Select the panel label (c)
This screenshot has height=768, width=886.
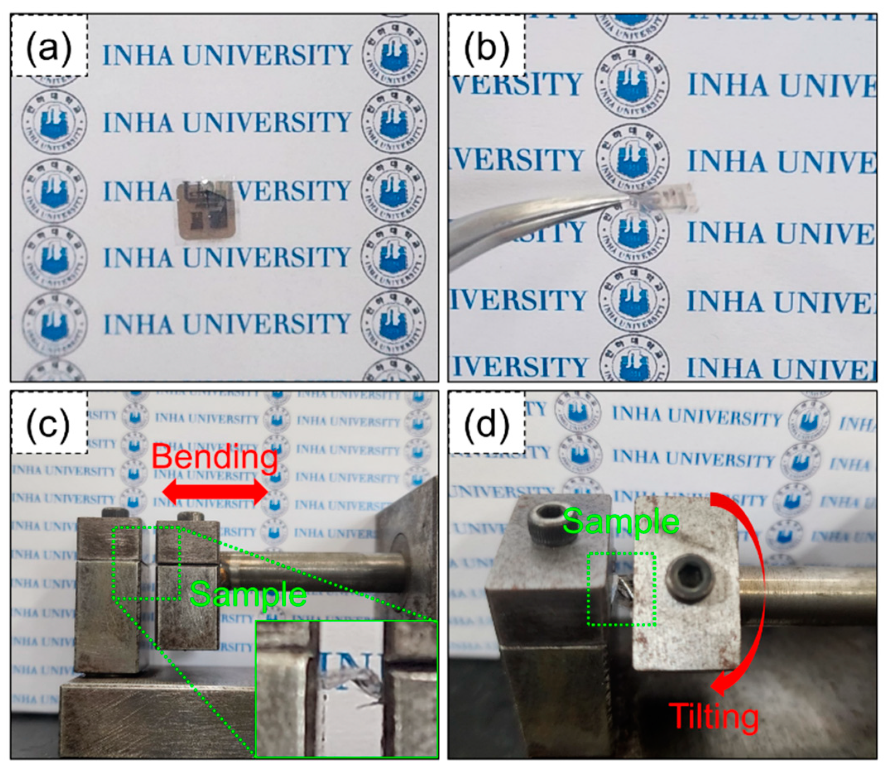tap(49, 424)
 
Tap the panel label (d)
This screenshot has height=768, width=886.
tap(487, 424)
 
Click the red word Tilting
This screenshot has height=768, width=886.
tap(713, 716)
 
